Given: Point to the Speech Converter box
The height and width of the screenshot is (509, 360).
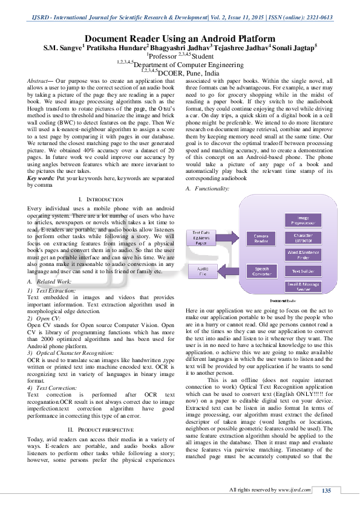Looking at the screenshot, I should (x=261, y=271).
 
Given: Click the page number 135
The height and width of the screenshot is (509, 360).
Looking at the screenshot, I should (x=326, y=490).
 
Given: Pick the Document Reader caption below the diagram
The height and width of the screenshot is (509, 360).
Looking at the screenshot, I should (x=283, y=300).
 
